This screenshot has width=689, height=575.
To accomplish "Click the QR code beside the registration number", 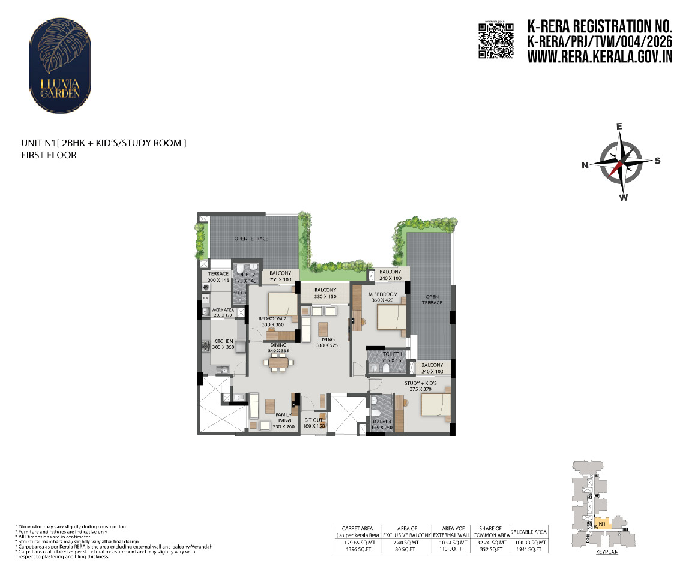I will coord(496,41).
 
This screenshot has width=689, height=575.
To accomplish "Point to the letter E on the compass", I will coord(620,127).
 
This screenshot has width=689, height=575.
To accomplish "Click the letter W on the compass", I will coord(624,198).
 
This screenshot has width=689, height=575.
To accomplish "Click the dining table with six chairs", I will coord(279,362).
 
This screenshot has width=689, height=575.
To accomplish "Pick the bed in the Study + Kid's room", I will coord(436,404).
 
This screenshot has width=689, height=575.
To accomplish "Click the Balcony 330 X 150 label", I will coord(325,293).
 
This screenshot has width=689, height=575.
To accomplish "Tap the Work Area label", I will coord(222,311).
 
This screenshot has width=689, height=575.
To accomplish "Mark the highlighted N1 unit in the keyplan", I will coord(603,523).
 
